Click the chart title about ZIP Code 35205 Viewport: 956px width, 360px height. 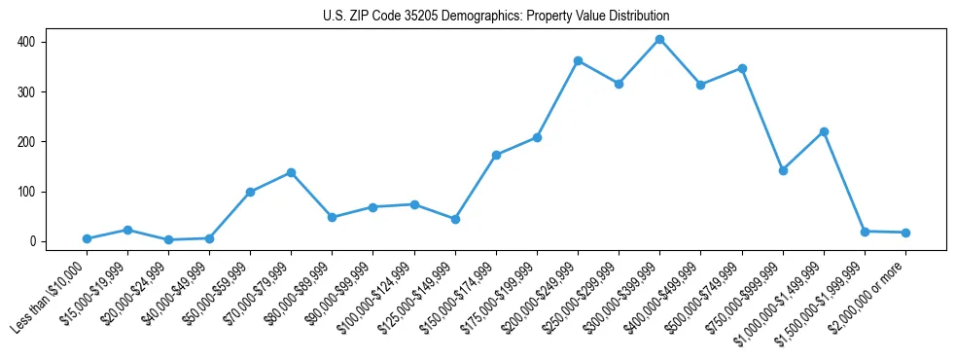pyautogui.click(x=496, y=17)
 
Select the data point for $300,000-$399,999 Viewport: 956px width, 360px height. pyautogui.click(x=659, y=40)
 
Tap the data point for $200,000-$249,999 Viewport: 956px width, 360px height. pyautogui.click(x=578, y=61)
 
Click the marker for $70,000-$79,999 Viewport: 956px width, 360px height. pyautogui.click(x=291, y=172)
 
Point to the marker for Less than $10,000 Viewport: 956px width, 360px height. pyautogui.click(x=87, y=238)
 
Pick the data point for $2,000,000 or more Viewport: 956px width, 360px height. pyautogui.click(x=905, y=233)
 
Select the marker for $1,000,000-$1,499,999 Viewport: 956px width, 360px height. pyautogui.click(x=824, y=131)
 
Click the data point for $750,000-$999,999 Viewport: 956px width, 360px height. pyautogui.click(x=783, y=170)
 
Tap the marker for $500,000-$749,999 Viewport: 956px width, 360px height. pyautogui.click(x=742, y=68)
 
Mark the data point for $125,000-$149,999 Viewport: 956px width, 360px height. pyautogui.click(x=455, y=219)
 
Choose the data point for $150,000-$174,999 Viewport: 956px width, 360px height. pyautogui.click(x=496, y=155)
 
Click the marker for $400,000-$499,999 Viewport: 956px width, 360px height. pyautogui.click(x=700, y=85)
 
